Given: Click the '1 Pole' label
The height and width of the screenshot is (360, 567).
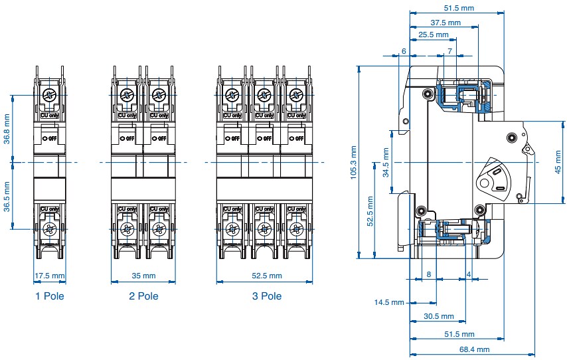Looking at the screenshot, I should [50, 296].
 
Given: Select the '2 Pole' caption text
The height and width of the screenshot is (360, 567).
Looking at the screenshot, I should [143, 296].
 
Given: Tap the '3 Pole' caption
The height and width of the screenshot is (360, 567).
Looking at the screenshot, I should [266, 296].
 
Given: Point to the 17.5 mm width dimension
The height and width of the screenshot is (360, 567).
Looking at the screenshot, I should [50, 276].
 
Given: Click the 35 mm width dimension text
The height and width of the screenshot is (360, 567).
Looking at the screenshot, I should [143, 276].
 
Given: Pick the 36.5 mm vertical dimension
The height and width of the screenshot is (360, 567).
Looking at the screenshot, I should [6, 197].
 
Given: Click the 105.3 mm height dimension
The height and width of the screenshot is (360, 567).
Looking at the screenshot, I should [353, 162].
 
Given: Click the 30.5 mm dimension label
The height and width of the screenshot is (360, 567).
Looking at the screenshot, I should [439, 317].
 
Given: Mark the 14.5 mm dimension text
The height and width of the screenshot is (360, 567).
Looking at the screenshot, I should [389, 303].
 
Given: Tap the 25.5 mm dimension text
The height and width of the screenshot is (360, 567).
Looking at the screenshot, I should [434, 35].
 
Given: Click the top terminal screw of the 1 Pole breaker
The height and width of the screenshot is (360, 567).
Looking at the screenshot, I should [50, 96].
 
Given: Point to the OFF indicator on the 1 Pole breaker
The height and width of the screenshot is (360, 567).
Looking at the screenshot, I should [50, 138].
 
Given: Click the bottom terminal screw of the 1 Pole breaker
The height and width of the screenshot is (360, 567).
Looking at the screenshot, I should [50, 230].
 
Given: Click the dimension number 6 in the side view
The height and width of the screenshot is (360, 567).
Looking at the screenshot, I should [404, 51].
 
